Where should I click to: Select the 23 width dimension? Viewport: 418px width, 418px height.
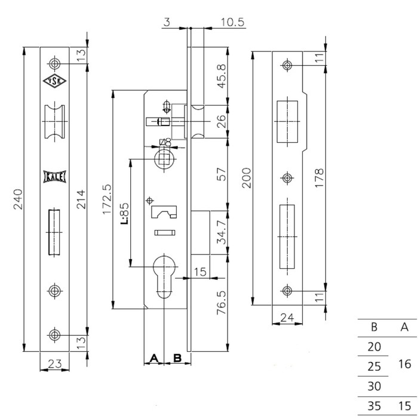[54, 362]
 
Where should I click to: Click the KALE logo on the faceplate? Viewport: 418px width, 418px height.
[55, 176]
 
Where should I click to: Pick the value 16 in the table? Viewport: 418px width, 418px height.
[404, 363]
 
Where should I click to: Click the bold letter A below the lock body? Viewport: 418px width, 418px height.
[153, 358]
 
